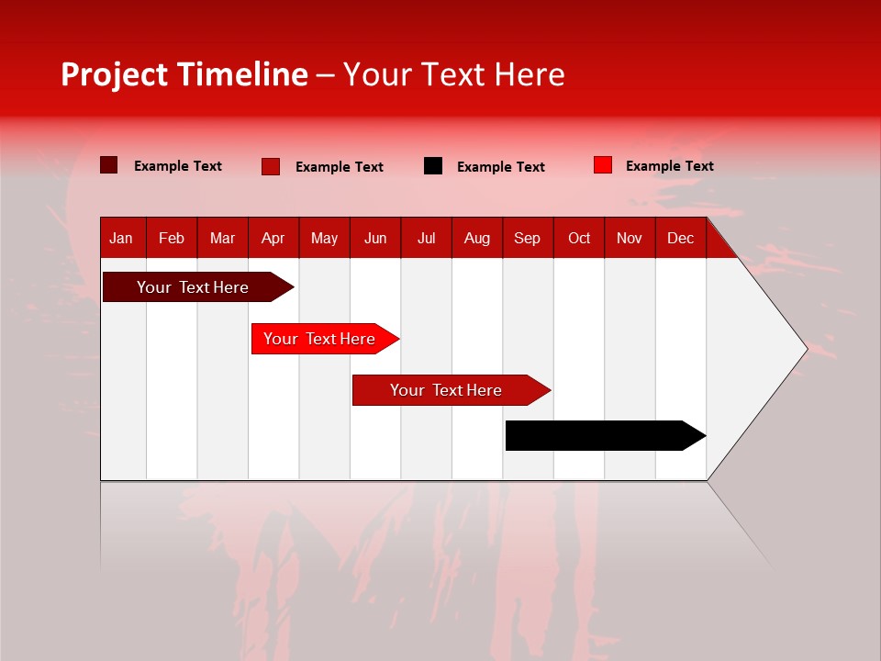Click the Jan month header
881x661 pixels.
[121, 238]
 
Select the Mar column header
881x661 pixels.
[222, 238]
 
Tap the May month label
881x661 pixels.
[324, 238]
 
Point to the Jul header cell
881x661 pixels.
[426, 238]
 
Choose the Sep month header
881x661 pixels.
[527, 238]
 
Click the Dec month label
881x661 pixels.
[680, 238]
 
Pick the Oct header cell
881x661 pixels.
[579, 238]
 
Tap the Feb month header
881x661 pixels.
[172, 238]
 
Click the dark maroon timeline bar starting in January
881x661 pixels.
[193, 287]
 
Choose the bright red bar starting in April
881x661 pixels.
[319, 339]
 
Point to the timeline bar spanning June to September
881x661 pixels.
[446, 390]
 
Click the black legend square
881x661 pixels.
[433, 166]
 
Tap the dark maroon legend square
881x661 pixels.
[109, 165]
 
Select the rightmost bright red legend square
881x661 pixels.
[602, 165]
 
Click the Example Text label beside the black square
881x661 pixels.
[500, 167]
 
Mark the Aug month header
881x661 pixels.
[476, 238]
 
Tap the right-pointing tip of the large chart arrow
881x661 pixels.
[805, 348]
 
